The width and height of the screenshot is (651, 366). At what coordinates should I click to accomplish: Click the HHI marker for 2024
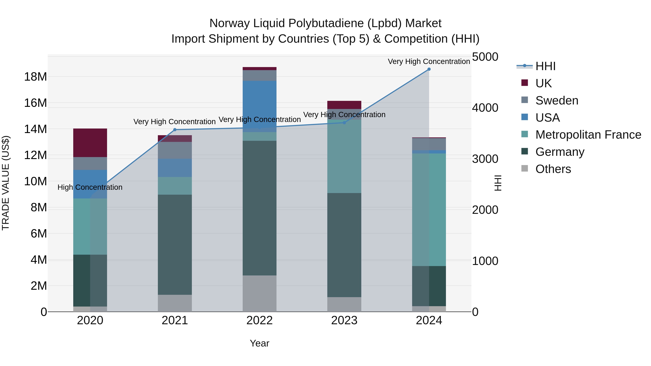pyautogui.click(x=429, y=69)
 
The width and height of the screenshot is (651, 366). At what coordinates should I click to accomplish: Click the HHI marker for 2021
pyautogui.click(x=175, y=130)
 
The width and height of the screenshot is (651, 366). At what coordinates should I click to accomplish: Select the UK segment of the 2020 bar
pyautogui.click(x=90, y=143)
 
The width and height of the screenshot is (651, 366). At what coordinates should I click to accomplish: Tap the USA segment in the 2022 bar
pyautogui.click(x=259, y=106)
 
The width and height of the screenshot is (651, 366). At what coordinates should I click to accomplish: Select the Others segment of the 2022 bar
pyautogui.click(x=259, y=294)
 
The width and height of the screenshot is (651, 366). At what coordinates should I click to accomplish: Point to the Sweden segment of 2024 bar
pyautogui.click(x=429, y=144)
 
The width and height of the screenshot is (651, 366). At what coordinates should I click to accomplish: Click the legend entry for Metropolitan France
pyautogui.click(x=588, y=135)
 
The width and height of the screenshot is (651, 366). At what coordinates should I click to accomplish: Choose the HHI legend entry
pyautogui.click(x=545, y=66)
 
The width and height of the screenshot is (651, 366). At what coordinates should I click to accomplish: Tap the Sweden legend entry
pyautogui.click(x=557, y=100)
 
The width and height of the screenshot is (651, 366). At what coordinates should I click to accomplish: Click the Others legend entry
pyautogui.click(x=553, y=169)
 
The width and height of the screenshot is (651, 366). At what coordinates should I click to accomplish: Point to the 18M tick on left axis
pyautogui.click(x=35, y=76)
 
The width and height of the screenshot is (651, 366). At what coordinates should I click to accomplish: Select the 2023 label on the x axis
pyautogui.click(x=344, y=320)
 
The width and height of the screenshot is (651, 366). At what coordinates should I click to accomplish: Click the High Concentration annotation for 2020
pyautogui.click(x=90, y=187)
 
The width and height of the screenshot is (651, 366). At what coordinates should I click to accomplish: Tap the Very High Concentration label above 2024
pyautogui.click(x=429, y=61)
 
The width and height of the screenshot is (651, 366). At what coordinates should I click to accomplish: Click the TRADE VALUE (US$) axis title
pyautogui.click(x=6, y=183)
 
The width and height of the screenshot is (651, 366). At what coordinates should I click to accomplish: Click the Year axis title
pyautogui.click(x=259, y=343)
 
